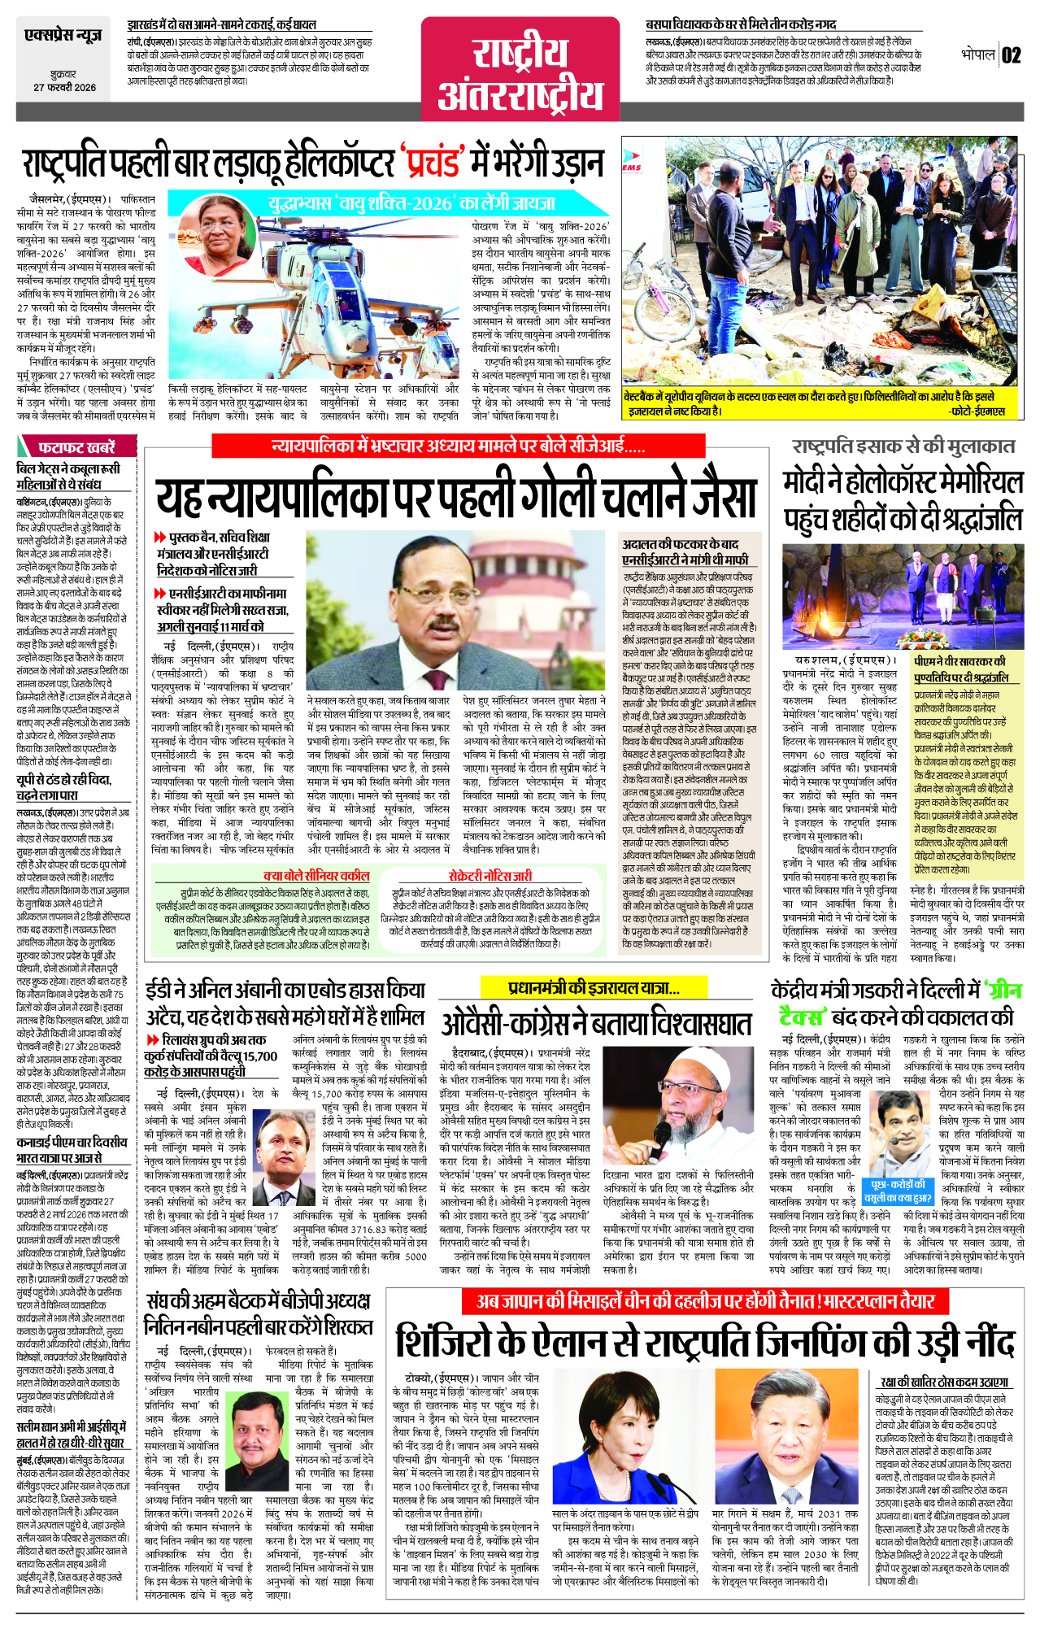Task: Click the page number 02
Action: point(1011,55)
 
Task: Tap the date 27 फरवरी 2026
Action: point(64,87)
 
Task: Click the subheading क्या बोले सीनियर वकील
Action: point(316,875)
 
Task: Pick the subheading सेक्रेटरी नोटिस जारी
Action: point(490,875)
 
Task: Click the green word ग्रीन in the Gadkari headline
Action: point(1002,992)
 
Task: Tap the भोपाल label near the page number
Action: point(978,55)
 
